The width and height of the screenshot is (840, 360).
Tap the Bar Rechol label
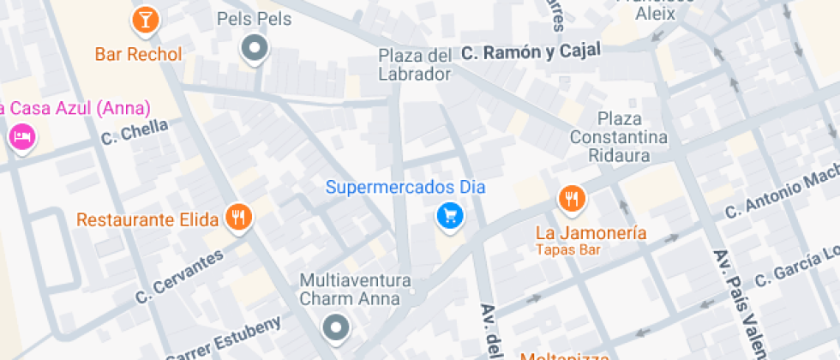click(138, 55)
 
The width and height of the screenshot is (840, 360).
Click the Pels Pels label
click(254, 18)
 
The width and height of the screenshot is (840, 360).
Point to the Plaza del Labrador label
click(415, 64)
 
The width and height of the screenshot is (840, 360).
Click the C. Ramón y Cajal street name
click(531, 52)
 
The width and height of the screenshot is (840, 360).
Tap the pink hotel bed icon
click(21, 137)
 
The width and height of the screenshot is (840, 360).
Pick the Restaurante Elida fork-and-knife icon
click(238, 218)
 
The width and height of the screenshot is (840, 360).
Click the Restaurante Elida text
click(147, 219)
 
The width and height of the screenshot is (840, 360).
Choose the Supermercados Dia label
click(406, 186)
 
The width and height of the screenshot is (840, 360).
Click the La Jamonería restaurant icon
click(571, 201)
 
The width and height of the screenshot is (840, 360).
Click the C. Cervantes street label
click(179, 276)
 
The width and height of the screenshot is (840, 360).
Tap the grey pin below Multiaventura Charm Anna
click(335, 327)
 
